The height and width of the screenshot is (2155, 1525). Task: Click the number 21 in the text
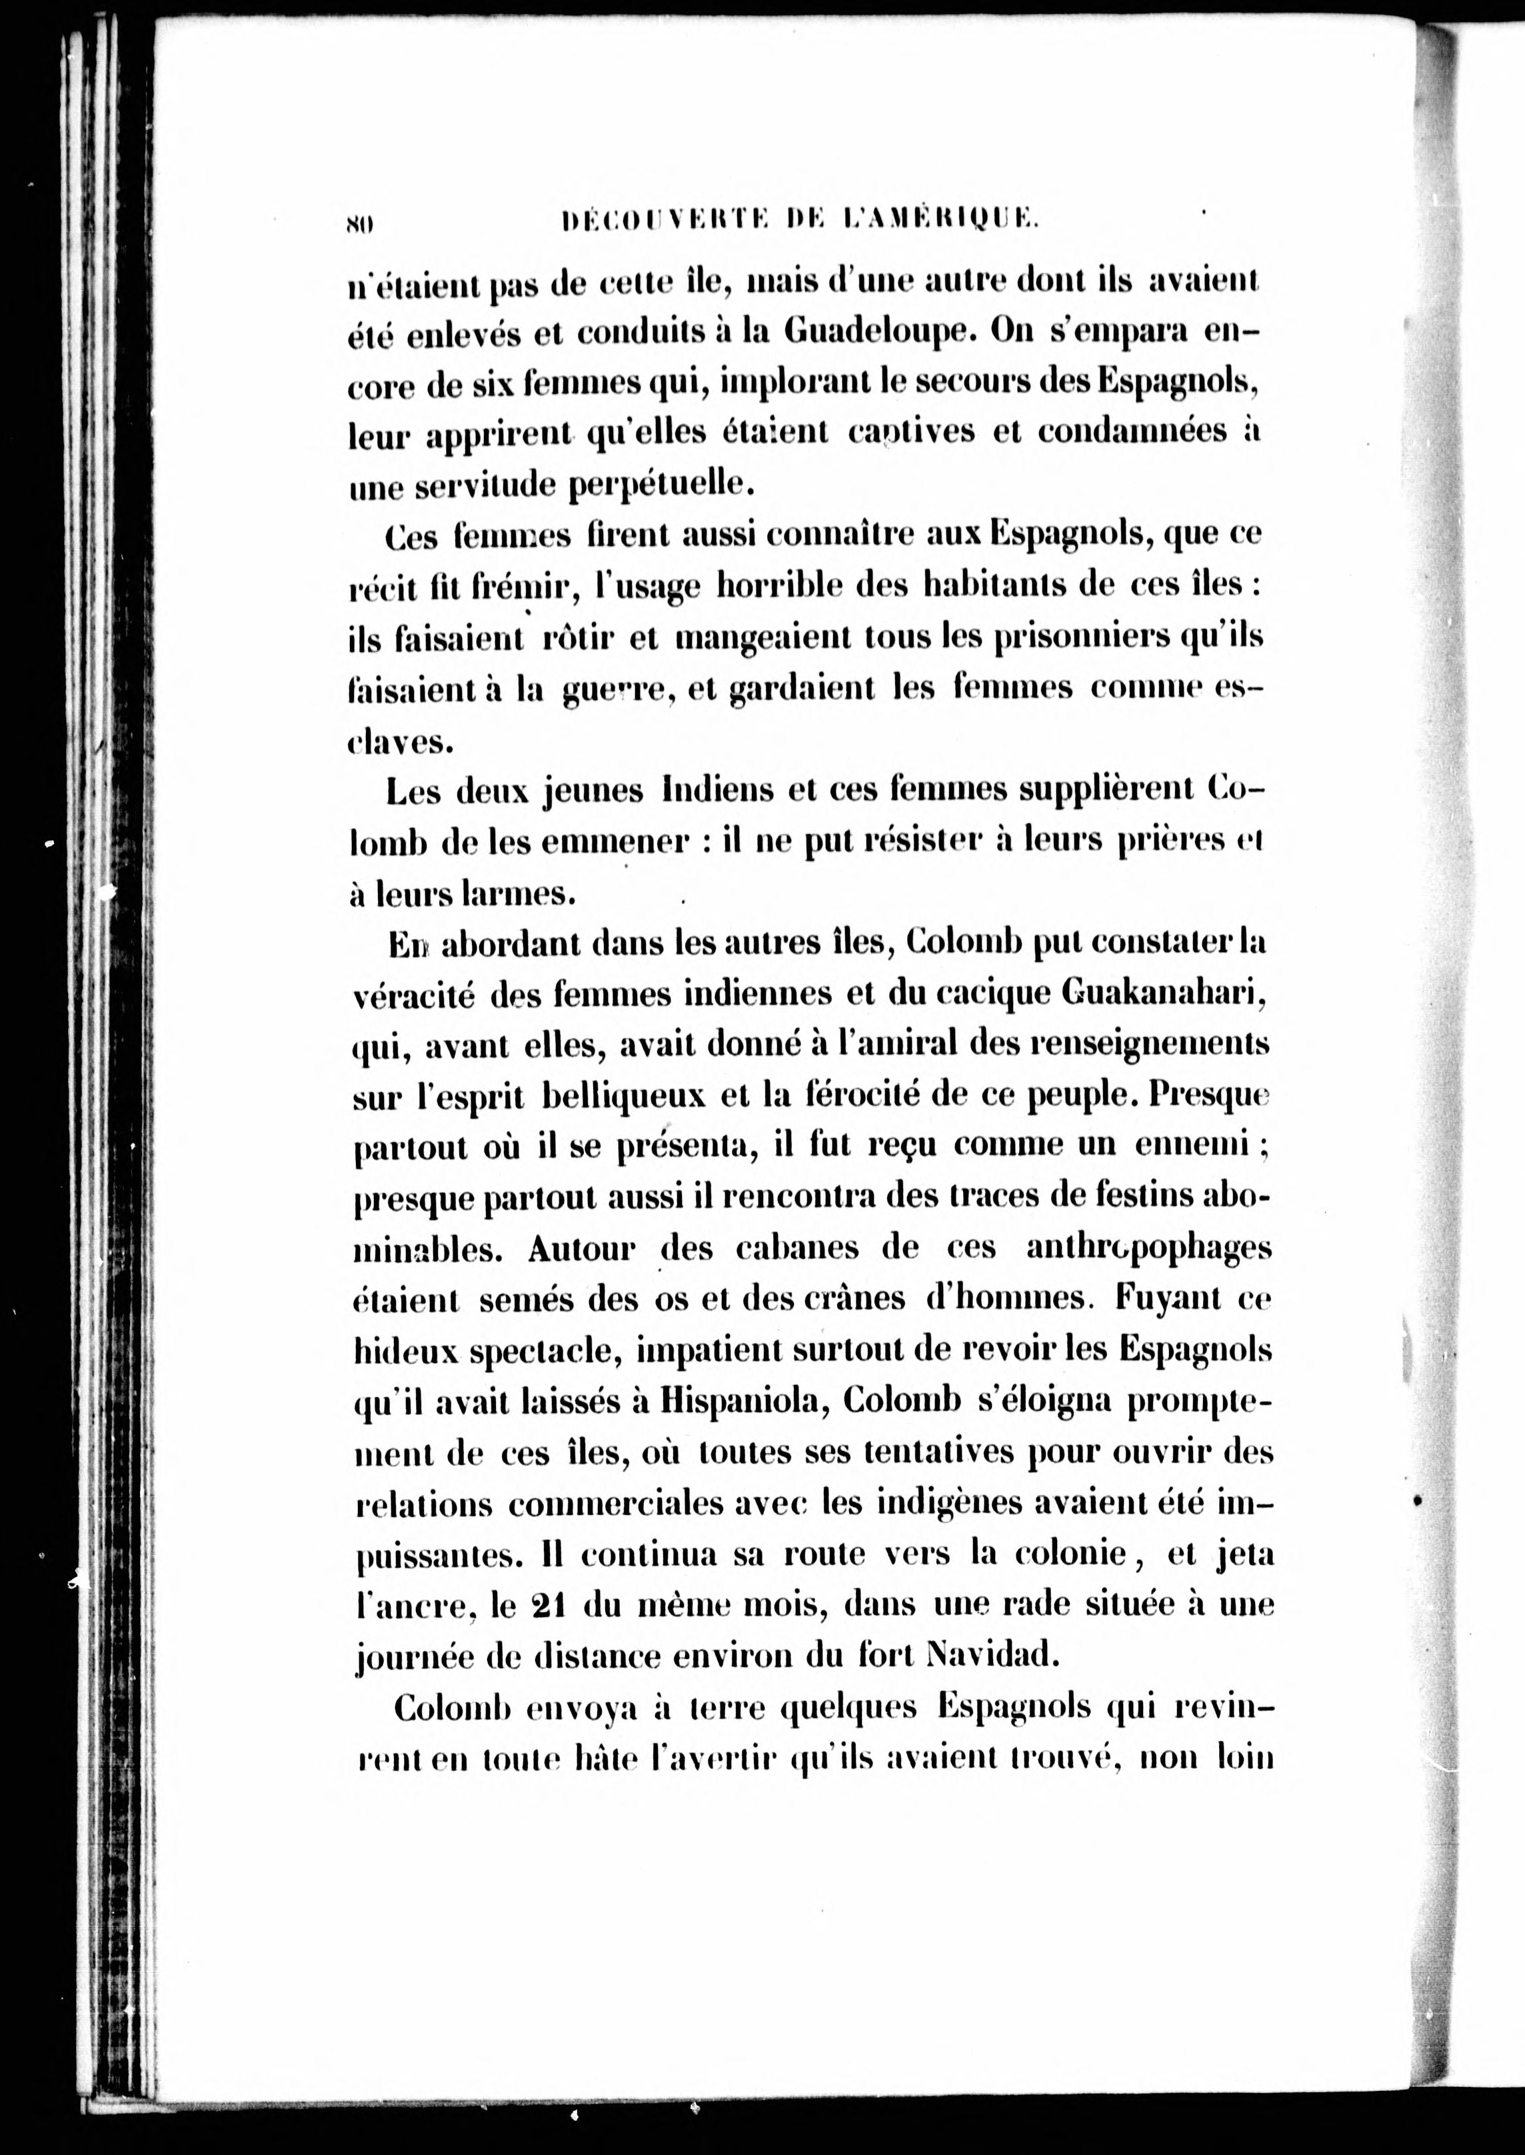click(546, 1606)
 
